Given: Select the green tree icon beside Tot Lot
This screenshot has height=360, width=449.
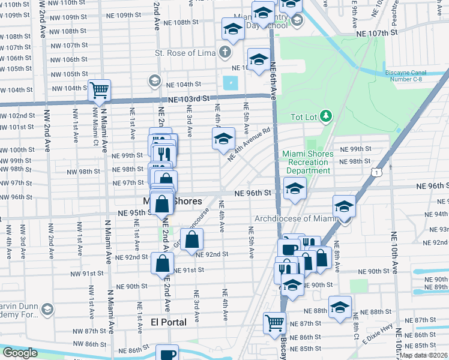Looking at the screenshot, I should click(326, 116).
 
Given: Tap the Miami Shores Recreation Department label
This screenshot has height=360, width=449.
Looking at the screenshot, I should click(306, 162).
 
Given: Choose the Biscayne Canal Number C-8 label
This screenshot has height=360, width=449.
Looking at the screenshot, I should click(414, 77).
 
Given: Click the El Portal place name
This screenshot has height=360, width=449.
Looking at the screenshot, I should click(168, 322).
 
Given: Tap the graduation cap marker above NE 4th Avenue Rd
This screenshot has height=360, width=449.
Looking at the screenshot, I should click(223, 139).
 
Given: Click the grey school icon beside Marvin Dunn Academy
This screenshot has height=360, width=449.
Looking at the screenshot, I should click(47, 309).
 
